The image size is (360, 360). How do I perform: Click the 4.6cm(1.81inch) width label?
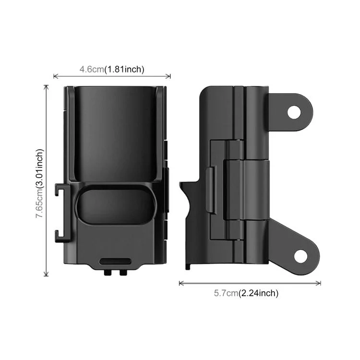click(112, 69)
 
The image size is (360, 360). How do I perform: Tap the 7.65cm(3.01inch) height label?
click(39, 183)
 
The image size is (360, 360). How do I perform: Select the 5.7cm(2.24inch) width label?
click(246, 293)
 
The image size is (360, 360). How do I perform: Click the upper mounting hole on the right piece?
click(294, 112)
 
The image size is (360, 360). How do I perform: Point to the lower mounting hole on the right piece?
click(300, 256)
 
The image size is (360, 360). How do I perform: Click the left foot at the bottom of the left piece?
click(107, 272)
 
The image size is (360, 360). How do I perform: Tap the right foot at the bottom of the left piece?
click(123, 272)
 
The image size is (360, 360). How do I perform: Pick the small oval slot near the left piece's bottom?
click(115, 262)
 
